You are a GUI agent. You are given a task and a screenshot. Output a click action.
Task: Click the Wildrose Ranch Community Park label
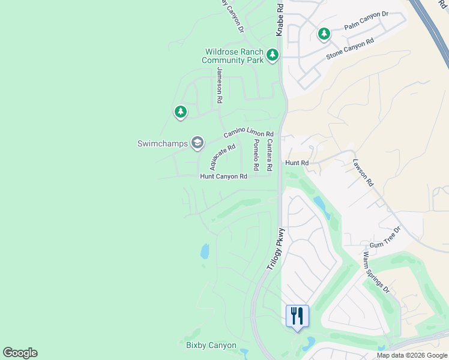[234, 56]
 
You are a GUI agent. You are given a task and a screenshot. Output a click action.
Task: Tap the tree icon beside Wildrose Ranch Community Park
[273, 56]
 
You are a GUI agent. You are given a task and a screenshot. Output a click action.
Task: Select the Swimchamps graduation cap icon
[197, 143]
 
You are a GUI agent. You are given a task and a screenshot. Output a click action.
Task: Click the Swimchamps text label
[162, 143]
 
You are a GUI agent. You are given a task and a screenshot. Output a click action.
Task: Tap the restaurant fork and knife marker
[297, 316]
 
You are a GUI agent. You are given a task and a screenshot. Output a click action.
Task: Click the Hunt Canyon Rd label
[223, 176]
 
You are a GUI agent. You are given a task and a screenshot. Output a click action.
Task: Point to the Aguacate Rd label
[221, 157]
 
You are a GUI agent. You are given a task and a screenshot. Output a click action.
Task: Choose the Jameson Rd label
[220, 84]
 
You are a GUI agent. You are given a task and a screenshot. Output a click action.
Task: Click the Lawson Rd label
[363, 172]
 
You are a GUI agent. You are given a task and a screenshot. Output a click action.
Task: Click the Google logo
[20, 353]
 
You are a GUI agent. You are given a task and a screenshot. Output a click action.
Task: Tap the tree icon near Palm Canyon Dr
[324, 34]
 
